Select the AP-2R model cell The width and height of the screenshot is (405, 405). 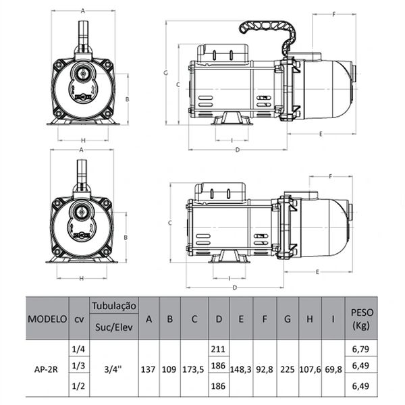45,370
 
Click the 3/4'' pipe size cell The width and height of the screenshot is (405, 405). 113,370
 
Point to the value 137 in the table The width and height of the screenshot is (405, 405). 148,370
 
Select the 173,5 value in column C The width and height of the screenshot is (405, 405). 194,370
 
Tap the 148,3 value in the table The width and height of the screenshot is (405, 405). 241,370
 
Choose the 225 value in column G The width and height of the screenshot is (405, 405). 288,370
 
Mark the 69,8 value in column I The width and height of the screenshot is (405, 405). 333,370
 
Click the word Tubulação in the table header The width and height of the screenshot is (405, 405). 113,306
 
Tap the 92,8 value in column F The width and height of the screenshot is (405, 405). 265,370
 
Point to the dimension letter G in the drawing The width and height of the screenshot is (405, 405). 165,72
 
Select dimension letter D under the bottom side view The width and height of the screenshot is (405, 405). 235,288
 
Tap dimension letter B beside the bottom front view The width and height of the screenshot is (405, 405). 126,238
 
